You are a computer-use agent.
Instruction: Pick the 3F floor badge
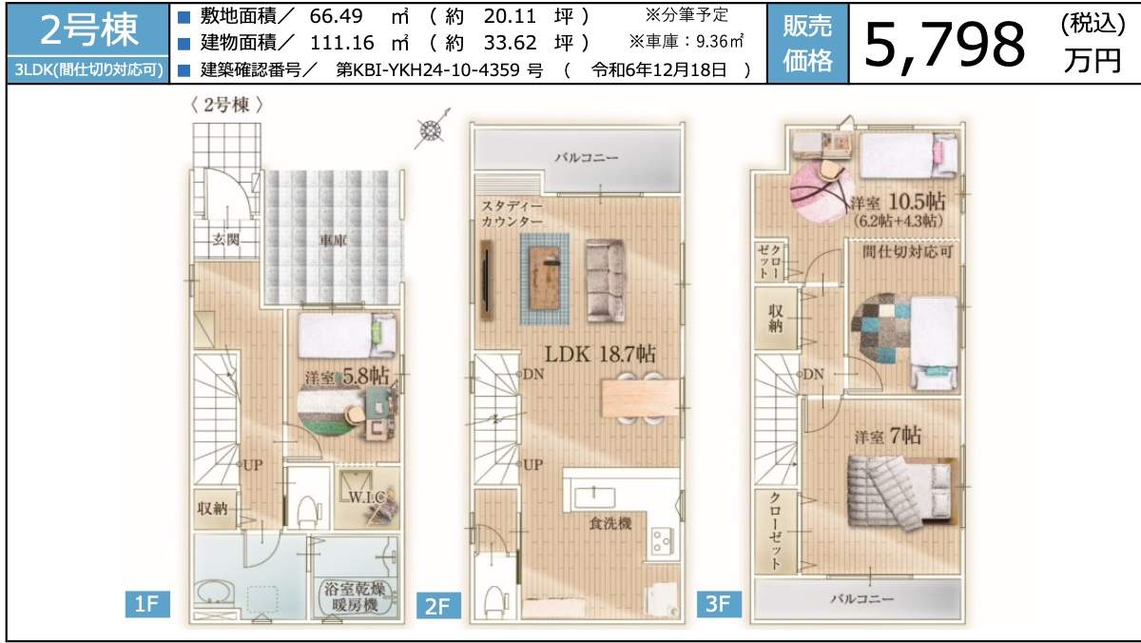click(x=719, y=602)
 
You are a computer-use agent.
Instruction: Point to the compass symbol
click(x=431, y=131)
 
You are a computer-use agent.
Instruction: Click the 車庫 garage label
click(x=332, y=241)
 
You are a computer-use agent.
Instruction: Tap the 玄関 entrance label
click(x=225, y=239)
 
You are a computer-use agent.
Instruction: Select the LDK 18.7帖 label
click(x=599, y=353)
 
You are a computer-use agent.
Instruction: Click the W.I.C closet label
click(x=366, y=497)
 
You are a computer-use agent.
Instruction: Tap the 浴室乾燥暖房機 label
click(x=352, y=594)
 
